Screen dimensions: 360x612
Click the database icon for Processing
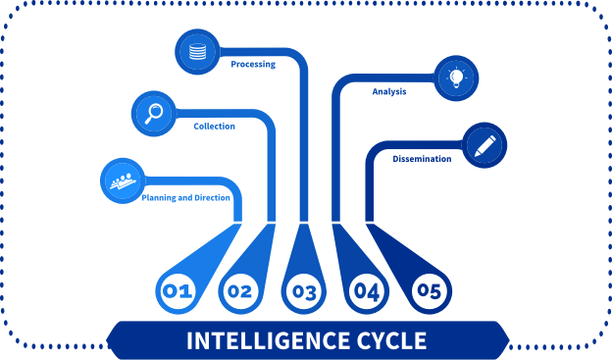197,51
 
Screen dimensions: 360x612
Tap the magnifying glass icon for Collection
154,113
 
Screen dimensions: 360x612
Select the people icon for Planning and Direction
123,180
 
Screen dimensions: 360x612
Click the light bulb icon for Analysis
456,77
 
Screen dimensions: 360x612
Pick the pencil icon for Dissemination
484,145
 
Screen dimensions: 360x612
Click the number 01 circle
177,291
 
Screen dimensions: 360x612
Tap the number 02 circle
240,291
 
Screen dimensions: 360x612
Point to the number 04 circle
367,291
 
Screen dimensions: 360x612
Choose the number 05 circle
430,291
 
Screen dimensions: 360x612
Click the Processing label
253,65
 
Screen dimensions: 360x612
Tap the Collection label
214,127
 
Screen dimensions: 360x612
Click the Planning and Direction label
186,198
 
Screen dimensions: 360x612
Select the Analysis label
389,92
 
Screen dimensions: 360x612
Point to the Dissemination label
422,158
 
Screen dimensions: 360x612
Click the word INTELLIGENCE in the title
257,341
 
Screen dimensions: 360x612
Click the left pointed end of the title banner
110,340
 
